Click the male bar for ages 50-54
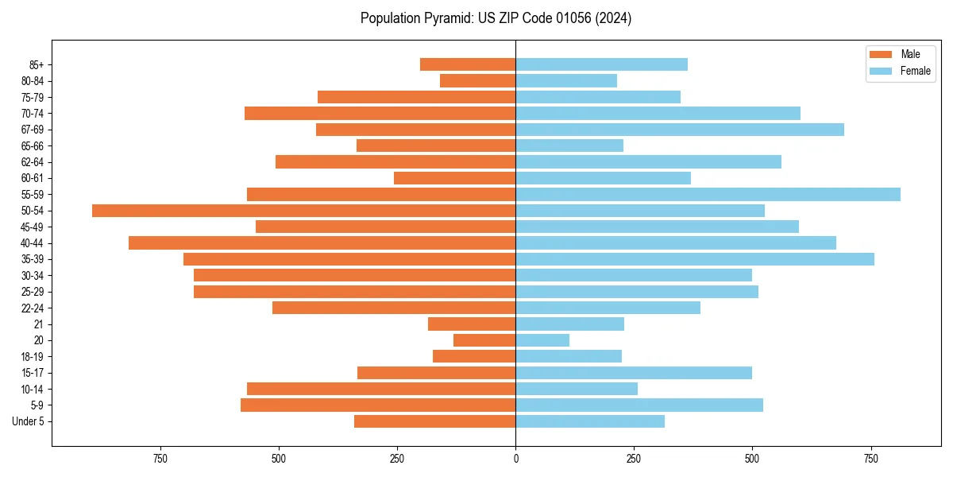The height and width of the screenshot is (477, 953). coord(303,211)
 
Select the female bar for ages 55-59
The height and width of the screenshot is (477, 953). coord(708,194)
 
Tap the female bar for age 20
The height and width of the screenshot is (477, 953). coord(542,340)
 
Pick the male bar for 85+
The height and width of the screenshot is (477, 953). coord(468,64)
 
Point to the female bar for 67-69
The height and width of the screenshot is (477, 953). coord(680,130)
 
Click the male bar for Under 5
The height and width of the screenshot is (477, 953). coord(434,421)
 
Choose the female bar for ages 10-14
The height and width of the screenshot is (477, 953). coord(577,389)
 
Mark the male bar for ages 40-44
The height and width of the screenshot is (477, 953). coord(322,242)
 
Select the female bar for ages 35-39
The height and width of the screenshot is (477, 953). coord(695,259)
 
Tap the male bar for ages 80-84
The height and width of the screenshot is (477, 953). coord(477,80)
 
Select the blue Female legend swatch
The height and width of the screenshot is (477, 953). coord(881,71)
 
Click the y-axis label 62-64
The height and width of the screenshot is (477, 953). coord(33,162)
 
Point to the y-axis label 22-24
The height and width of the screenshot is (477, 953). coord(33,308)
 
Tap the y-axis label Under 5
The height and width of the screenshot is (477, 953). coord(29,421)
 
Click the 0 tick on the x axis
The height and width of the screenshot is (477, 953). coord(515,459)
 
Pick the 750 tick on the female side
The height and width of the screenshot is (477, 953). coord(870,459)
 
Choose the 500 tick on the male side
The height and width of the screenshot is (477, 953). coord(279,459)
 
